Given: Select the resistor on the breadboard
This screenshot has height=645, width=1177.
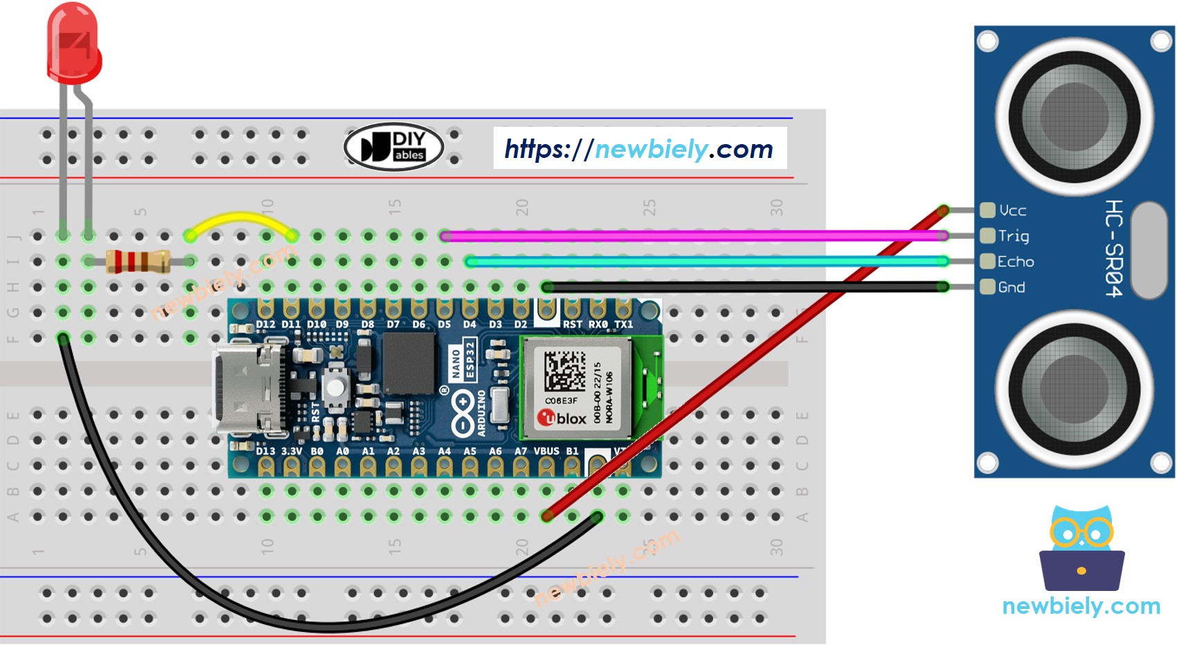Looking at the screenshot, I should (x=138, y=261).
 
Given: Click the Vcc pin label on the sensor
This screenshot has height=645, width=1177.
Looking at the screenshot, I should (x=1012, y=211).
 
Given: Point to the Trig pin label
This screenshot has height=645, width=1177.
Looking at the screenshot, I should (x=1013, y=236).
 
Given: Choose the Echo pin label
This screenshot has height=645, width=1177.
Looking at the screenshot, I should (x=1015, y=262).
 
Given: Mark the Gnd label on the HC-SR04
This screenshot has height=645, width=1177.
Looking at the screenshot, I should (x=1011, y=288).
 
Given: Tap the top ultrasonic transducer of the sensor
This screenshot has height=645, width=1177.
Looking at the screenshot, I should (x=1074, y=116).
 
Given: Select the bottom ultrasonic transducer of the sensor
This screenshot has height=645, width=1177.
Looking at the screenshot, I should (x=1074, y=388).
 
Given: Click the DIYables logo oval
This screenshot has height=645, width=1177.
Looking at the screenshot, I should (x=393, y=147).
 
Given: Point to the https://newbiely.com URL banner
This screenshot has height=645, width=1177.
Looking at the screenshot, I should (x=639, y=148).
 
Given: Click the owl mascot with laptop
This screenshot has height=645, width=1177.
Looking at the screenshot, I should (x=1081, y=551).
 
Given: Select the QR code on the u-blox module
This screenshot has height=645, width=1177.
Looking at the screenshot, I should (x=564, y=371).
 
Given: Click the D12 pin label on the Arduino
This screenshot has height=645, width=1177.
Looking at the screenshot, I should (x=265, y=324).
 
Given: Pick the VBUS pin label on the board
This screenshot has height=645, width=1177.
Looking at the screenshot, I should (x=546, y=451).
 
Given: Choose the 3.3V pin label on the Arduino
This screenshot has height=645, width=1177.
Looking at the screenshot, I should (x=291, y=451).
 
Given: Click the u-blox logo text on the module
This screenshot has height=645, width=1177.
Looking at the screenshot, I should (x=562, y=418).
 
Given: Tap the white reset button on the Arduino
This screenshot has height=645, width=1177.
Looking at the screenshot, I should (x=335, y=387).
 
